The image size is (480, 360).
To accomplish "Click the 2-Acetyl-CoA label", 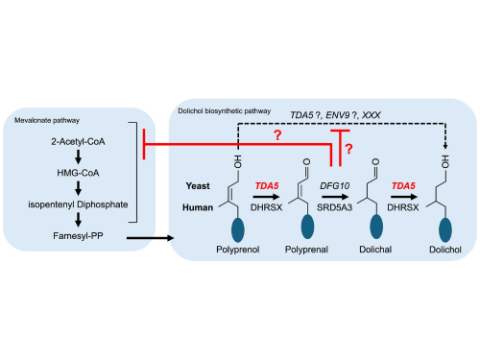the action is (x=78, y=141).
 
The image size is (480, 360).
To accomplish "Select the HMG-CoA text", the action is (x=78, y=173).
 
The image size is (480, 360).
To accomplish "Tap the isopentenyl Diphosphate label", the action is (x=78, y=204).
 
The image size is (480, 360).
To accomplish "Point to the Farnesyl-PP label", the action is (x=78, y=236).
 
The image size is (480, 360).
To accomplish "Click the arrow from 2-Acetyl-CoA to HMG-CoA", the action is (x=78, y=156).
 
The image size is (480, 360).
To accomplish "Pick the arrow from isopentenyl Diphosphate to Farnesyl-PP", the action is (x=78, y=220).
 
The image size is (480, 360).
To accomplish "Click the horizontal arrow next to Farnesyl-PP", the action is (x=150, y=238).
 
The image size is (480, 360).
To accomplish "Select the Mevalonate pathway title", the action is (x=47, y=120).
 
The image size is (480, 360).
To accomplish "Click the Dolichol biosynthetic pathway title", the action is (x=225, y=111).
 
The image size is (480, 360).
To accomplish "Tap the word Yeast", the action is (x=198, y=186).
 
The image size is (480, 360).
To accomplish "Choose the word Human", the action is (x=198, y=207).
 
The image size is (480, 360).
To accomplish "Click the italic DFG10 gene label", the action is (x=335, y=185).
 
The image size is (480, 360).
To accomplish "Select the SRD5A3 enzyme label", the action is (x=334, y=207).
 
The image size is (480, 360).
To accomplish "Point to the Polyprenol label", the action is (x=238, y=250).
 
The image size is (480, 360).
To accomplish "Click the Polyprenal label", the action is (x=306, y=250).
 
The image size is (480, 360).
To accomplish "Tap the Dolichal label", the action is (x=375, y=250).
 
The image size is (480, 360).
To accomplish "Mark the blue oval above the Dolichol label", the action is (x=445, y=229).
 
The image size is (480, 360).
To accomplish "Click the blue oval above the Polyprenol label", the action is (x=238, y=229).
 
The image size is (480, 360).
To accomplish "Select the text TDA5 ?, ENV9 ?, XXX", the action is (x=335, y=115).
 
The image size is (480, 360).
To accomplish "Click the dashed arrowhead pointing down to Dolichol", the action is (x=445, y=146).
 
